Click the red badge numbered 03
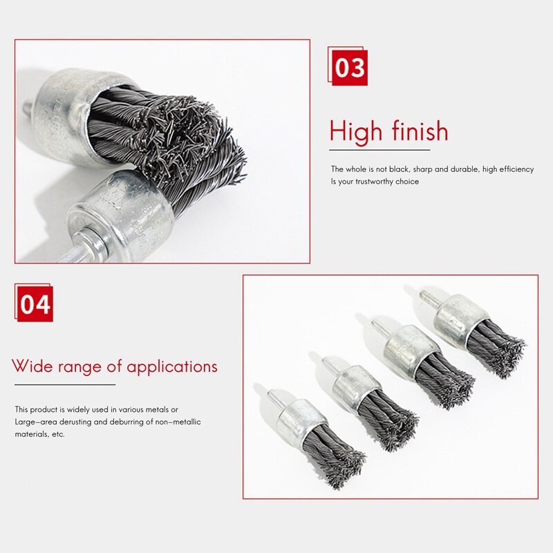pos(349,68)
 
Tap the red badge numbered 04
pos(35,304)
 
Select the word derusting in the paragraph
pos(76,422)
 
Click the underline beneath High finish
pos(379,149)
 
